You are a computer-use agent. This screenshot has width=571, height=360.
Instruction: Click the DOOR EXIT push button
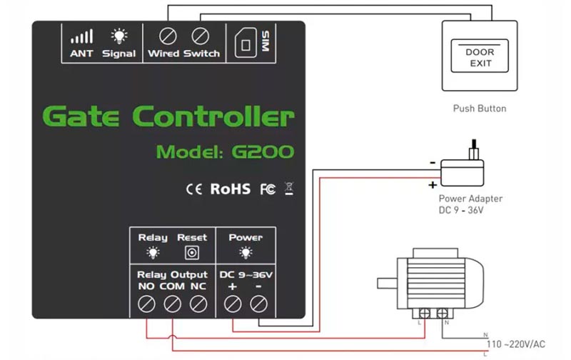pos(480,57)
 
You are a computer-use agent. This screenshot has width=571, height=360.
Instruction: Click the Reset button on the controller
pos(191,252)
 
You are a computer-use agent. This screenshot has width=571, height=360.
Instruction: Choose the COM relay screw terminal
pos(172,304)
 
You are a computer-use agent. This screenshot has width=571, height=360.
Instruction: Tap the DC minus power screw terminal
pos(258,304)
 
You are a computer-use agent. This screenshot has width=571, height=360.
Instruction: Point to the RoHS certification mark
pos(230,189)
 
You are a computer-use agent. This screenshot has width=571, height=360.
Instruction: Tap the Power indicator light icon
pos(245,252)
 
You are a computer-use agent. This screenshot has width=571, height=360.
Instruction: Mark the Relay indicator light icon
pos(152,252)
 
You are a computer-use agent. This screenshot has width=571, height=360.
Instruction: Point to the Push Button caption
pos(480,109)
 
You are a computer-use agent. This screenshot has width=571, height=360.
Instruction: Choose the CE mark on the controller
pos(194,189)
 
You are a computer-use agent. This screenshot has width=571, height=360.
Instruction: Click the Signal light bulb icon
pos(118,37)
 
